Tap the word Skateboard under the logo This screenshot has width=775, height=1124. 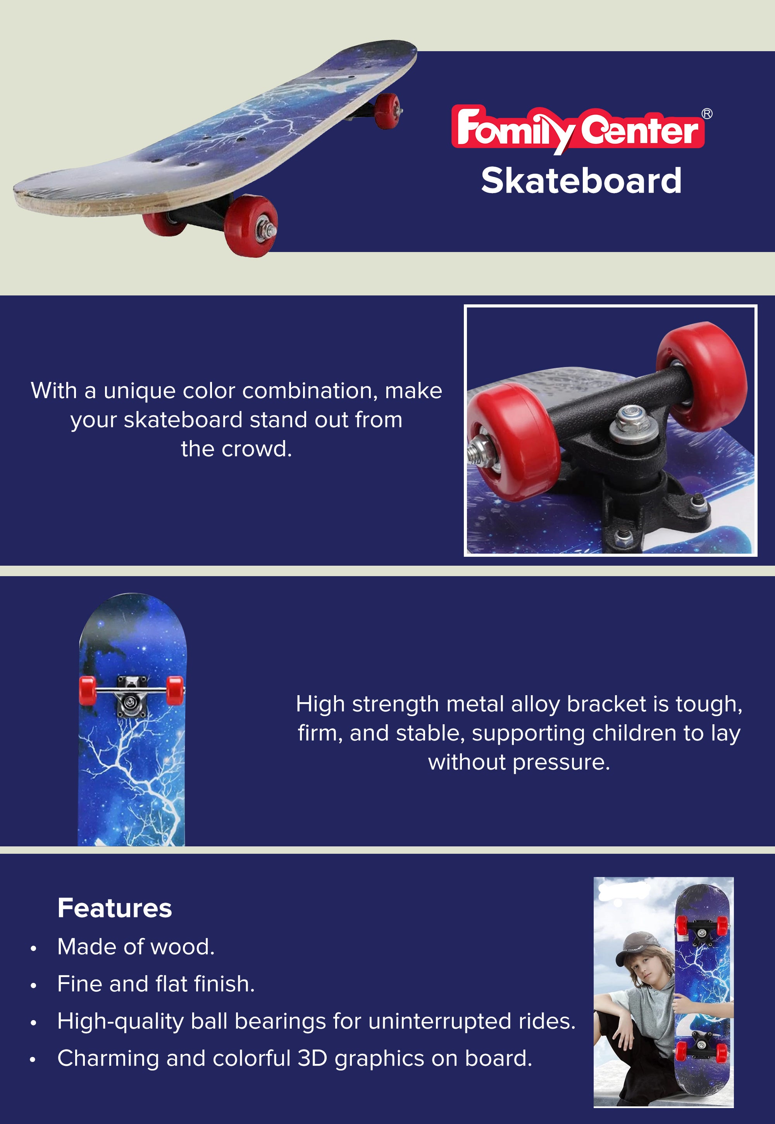[x=581, y=181]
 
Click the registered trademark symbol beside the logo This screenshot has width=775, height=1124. [x=707, y=114]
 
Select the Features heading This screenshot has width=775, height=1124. [x=115, y=908]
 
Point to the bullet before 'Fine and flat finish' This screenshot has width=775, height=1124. [x=33, y=985]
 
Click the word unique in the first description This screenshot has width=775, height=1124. [x=139, y=391]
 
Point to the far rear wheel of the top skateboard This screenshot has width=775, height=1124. [x=387, y=111]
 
